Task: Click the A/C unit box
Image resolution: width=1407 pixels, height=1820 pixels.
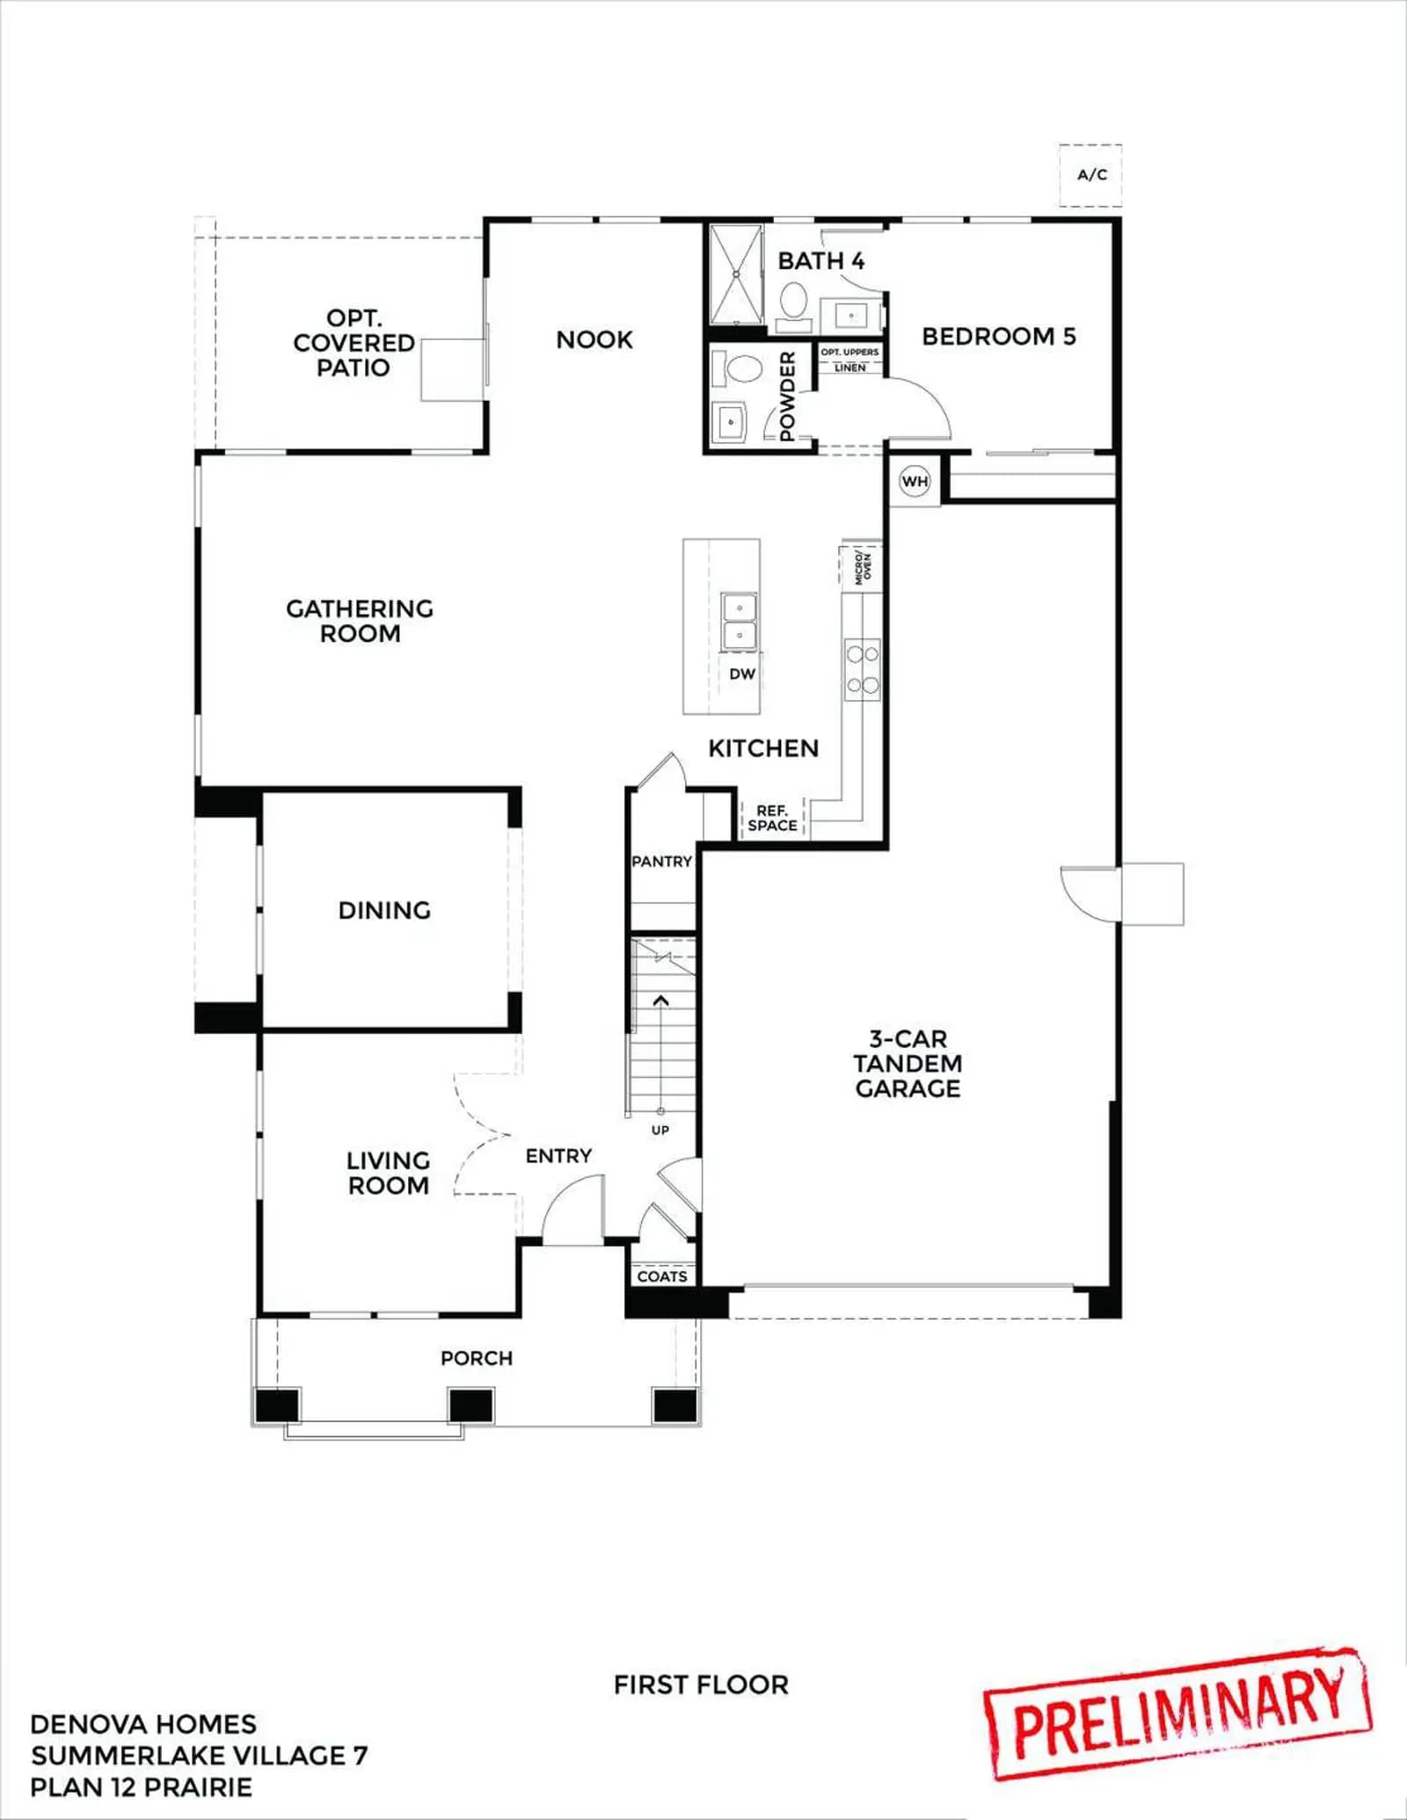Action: [x=1090, y=175]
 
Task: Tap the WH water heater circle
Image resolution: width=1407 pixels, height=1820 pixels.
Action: [x=915, y=481]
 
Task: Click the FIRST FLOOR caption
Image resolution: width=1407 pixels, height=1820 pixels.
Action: [x=701, y=1685]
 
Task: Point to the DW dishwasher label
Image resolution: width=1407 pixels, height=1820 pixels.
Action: [x=742, y=674]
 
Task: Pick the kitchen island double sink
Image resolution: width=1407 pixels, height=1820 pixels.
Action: [x=740, y=622]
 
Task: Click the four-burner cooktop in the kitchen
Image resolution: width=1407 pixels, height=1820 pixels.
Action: [x=862, y=669]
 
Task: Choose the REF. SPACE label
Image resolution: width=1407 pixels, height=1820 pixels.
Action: [x=772, y=818]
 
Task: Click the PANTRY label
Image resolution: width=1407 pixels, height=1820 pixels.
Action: [x=662, y=862]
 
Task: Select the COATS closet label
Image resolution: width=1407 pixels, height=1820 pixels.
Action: [x=662, y=1277]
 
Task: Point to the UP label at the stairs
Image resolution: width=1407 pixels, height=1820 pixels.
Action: [x=660, y=1131]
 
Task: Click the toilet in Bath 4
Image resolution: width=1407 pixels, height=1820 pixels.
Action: [x=794, y=303]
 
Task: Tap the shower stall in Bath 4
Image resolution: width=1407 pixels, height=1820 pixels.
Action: [x=735, y=275]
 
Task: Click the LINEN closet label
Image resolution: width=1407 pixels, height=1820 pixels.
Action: [x=850, y=368]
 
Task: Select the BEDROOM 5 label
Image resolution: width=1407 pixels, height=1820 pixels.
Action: [x=999, y=337]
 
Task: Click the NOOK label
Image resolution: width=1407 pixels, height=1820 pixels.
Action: [x=594, y=340]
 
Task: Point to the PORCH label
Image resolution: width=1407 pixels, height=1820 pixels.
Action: [x=477, y=1358]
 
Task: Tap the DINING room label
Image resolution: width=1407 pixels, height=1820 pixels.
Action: [x=384, y=911]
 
